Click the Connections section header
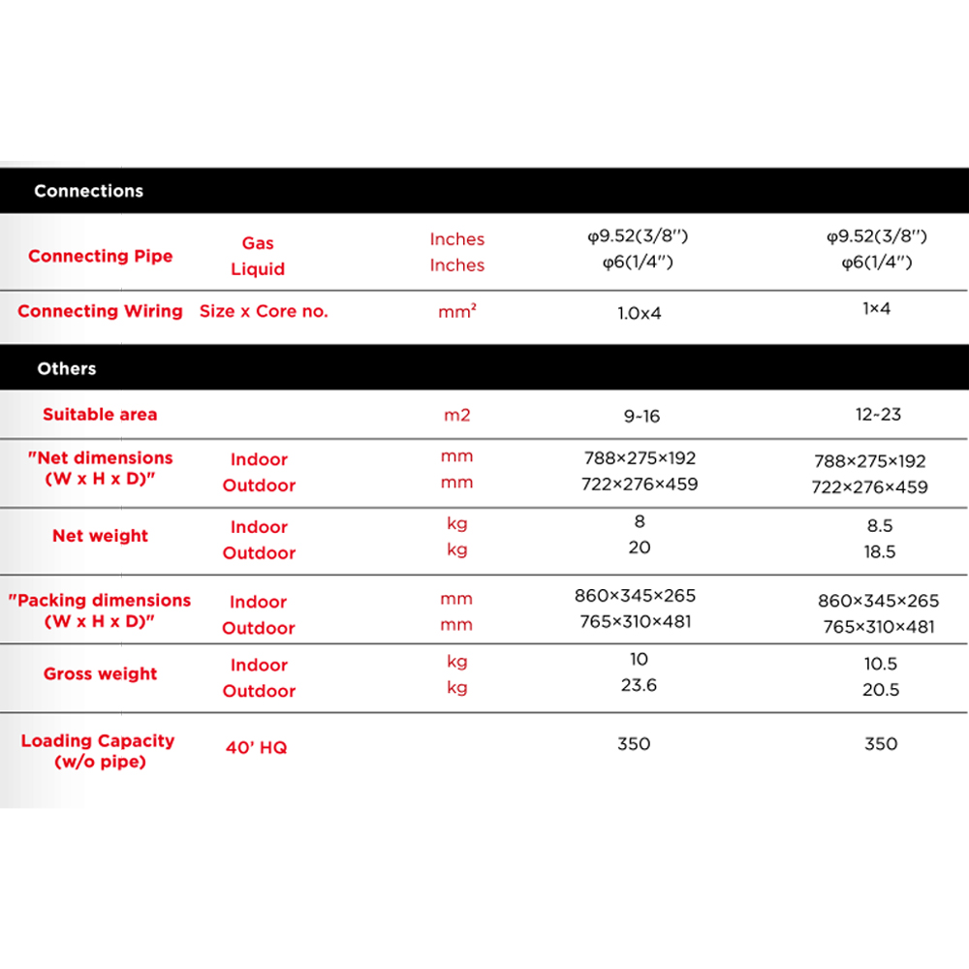pyautogui.click(x=88, y=191)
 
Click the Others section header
pyautogui.click(x=67, y=368)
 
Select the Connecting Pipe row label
pyautogui.click(x=101, y=256)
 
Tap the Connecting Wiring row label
pyautogui.click(x=100, y=311)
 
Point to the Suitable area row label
pyautogui.click(x=100, y=414)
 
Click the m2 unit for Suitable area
pyautogui.click(x=456, y=415)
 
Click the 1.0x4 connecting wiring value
pyautogui.click(x=640, y=313)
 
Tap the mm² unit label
pyautogui.click(x=457, y=312)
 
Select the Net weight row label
pyautogui.click(x=101, y=536)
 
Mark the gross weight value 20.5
pyautogui.click(x=880, y=690)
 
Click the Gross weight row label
pyautogui.click(x=100, y=673)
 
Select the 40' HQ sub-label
pyautogui.click(x=257, y=747)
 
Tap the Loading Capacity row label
pyautogui.click(x=98, y=751)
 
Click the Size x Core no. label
pyautogui.click(x=264, y=311)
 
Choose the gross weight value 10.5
pyautogui.click(x=880, y=664)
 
